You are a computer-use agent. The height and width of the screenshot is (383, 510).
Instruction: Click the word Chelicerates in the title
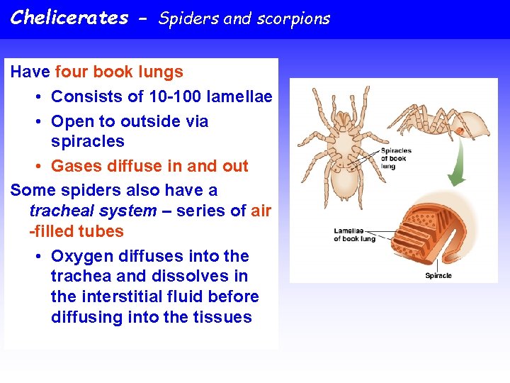click(x=69, y=18)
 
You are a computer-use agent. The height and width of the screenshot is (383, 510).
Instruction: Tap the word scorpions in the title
click(x=296, y=19)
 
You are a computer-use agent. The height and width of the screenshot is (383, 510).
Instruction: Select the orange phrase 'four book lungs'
click(x=118, y=72)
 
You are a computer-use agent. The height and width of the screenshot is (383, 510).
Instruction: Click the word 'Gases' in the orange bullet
click(x=76, y=166)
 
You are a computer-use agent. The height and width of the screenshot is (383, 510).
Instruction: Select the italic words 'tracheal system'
click(x=93, y=211)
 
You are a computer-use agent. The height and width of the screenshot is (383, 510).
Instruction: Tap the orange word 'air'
click(x=261, y=211)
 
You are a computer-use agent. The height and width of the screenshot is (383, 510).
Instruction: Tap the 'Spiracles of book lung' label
click(x=396, y=157)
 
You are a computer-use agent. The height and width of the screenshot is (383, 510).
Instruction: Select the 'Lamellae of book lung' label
click(x=354, y=235)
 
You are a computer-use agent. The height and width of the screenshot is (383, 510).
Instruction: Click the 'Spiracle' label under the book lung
click(x=438, y=275)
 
